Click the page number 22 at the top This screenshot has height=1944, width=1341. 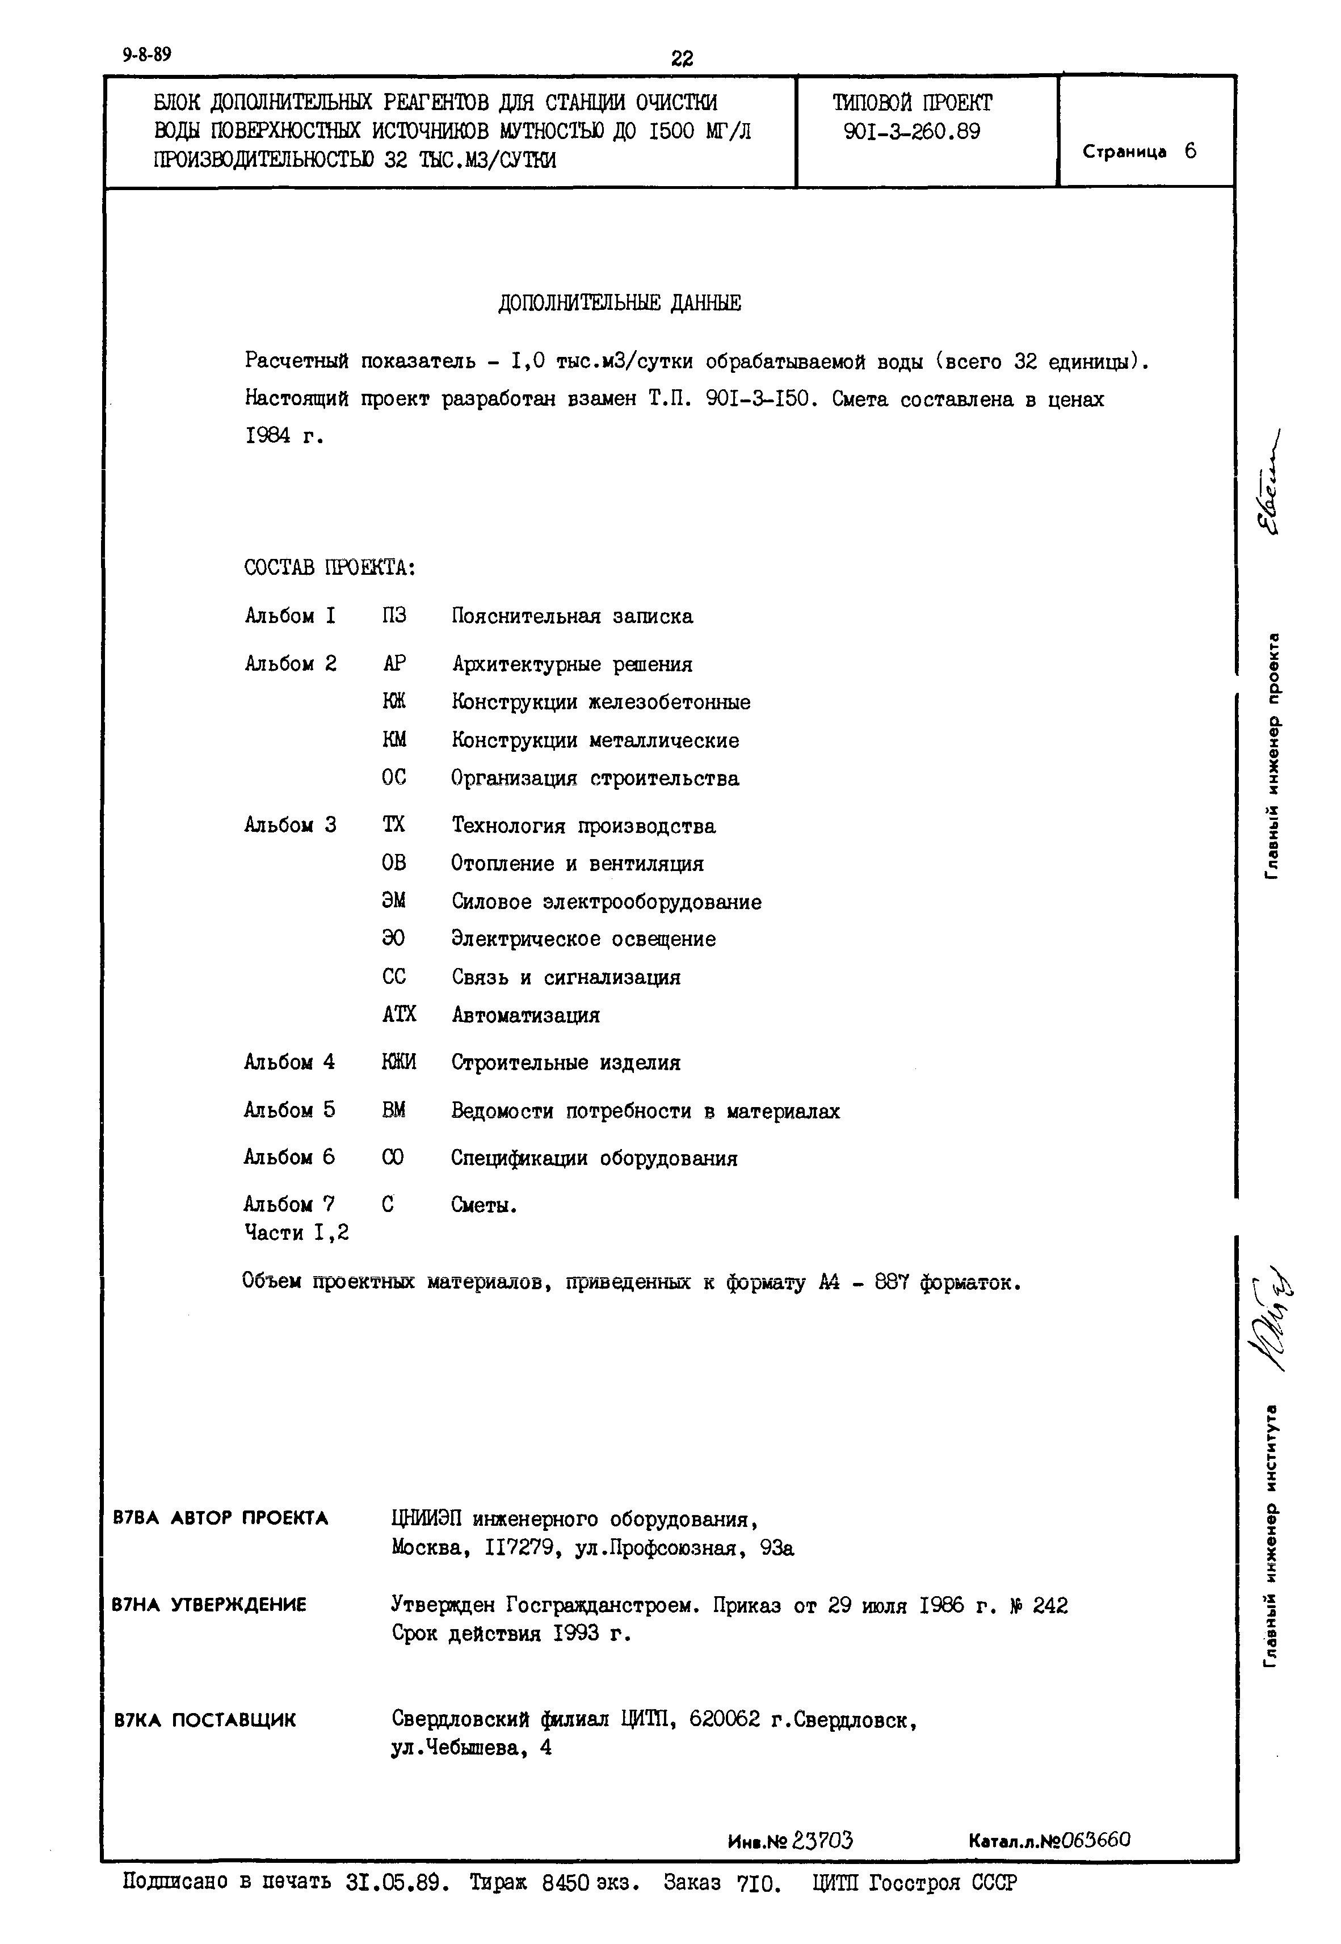click(682, 58)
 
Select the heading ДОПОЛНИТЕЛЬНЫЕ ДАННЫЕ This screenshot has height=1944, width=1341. click(619, 303)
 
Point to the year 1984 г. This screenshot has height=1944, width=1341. click(283, 437)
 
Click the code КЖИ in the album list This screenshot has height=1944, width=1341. click(398, 1063)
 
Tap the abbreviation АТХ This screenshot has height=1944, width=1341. click(398, 1015)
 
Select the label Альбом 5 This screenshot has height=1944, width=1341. click(289, 1110)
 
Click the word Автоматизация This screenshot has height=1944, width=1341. click(525, 1015)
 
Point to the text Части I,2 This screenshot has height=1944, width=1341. click(297, 1233)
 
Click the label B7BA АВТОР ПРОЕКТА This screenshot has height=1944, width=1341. click(220, 1518)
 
